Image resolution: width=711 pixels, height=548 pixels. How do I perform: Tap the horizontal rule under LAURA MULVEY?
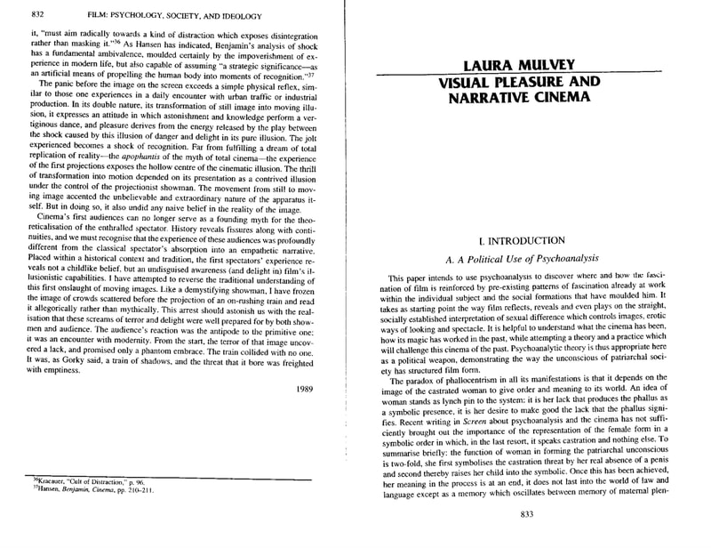coord(526,75)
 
